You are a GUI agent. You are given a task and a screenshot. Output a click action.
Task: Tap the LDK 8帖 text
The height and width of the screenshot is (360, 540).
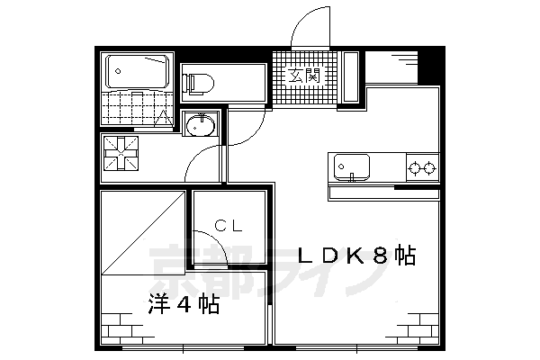click(355, 256)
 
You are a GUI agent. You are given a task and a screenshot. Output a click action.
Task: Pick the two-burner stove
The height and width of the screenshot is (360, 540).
click(422, 166)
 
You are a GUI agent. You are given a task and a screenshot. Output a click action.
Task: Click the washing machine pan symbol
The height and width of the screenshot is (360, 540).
click(121, 155)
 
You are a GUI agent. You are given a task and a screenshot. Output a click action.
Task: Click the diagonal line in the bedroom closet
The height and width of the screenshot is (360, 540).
click(144, 231)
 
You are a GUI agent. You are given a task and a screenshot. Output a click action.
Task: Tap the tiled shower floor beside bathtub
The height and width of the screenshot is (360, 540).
click(135, 108)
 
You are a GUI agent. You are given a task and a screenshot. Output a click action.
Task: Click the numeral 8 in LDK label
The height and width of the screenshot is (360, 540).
click(380, 256)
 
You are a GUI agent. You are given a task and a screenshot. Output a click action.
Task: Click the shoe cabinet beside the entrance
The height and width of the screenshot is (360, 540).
click(352, 79)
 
